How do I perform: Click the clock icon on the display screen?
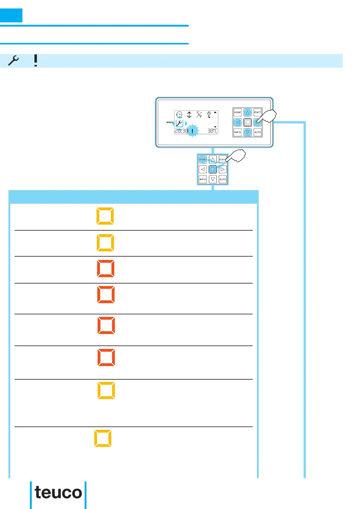[179, 115]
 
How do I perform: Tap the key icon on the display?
[209, 115]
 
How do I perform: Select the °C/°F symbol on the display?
[199, 115]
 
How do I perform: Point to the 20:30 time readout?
[181, 131]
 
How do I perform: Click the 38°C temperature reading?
[212, 131]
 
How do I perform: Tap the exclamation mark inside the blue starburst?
[192, 131]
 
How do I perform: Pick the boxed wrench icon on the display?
[179, 123]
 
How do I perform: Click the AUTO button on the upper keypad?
[257, 132]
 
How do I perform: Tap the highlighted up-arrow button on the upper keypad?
[248, 112]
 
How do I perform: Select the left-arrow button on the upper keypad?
[238, 122]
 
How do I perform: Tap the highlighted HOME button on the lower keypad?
[203, 160]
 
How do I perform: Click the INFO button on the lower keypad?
[203, 179]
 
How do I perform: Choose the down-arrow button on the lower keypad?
[213, 179]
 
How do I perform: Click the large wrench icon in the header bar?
[14, 61]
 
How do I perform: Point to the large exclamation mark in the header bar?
[36, 61]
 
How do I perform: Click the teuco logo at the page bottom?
[58, 493]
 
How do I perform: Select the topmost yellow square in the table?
[105, 216]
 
